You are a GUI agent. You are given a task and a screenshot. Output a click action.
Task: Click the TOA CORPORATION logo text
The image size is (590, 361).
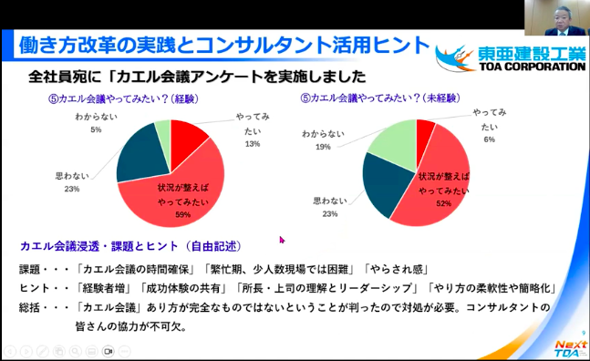[x=523, y=67]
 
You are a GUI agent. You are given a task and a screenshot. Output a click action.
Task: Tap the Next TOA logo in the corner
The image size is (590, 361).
[x=571, y=347]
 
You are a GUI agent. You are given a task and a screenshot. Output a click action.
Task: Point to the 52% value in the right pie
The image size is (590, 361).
[x=444, y=204]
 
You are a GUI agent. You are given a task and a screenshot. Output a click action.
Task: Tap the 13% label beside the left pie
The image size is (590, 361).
[x=253, y=144]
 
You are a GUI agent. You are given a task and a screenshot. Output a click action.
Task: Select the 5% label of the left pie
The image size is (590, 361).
[x=96, y=130]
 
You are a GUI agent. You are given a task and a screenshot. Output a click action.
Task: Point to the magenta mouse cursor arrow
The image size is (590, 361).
[x=282, y=240]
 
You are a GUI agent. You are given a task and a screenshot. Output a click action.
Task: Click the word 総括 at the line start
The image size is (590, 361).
[x=31, y=307]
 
